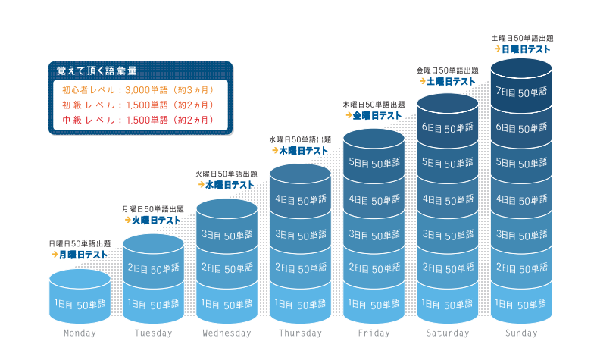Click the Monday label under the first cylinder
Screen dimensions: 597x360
80,333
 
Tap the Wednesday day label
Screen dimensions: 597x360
227,333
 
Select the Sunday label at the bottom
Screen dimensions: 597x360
521,333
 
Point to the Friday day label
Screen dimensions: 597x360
374,333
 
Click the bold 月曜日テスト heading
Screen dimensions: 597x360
83,255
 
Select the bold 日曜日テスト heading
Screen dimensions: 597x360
526,49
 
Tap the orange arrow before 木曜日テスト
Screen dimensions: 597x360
275,151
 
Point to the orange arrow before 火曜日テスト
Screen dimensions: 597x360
128,220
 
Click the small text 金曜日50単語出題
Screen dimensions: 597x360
447,70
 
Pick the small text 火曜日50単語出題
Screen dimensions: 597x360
227,174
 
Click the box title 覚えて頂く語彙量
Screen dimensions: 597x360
96,70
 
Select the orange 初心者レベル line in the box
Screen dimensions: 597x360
138,90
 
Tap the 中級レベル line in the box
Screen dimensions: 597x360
138,120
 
